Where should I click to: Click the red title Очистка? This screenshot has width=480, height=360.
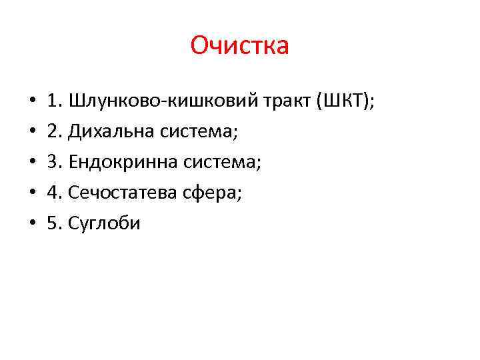point(239,46)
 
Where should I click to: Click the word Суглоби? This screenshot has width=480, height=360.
point(104,223)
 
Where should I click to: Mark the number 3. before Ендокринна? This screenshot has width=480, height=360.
point(54,162)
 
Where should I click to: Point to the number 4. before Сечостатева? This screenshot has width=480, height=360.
point(54,193)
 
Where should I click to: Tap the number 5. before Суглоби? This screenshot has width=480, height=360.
point(54,223)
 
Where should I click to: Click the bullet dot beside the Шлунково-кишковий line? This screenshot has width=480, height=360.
point(32,102)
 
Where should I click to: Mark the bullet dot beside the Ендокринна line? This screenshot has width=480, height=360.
point(32,163)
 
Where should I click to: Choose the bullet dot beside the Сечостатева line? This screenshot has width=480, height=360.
point(32,193)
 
